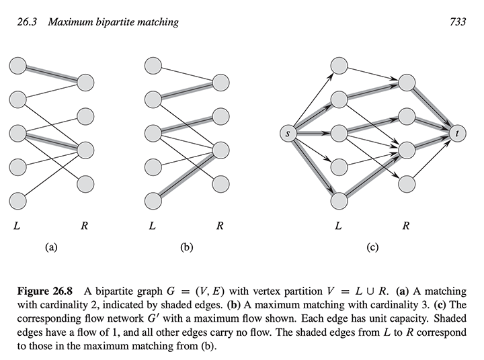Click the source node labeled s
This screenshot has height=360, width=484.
point(288,134)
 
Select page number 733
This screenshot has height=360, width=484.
point(458,22)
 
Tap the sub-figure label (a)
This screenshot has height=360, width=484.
point(50,248)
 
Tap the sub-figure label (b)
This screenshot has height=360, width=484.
point(187,248)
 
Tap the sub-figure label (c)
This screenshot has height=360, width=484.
point(372,248)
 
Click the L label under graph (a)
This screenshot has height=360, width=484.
point(16,226)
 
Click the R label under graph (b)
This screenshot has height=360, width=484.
point(220,226)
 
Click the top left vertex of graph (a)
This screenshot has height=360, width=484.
point(17,66)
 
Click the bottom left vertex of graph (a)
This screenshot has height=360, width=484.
point(17,199)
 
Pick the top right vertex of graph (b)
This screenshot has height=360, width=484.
point(222,83)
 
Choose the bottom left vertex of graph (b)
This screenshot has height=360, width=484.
point(153,199)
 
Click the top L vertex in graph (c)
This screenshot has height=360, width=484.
point(339,66)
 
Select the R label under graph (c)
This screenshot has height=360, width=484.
point(406,226)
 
